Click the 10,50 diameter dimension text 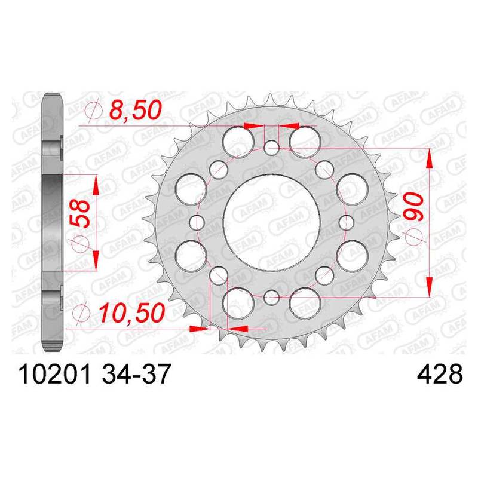[131, 313]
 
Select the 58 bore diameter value [81, 214]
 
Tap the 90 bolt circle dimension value [414, 207]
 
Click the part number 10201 [55, 375]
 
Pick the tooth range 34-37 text [136, 375]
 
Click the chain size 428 [439, 375]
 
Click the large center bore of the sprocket [271, 222]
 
